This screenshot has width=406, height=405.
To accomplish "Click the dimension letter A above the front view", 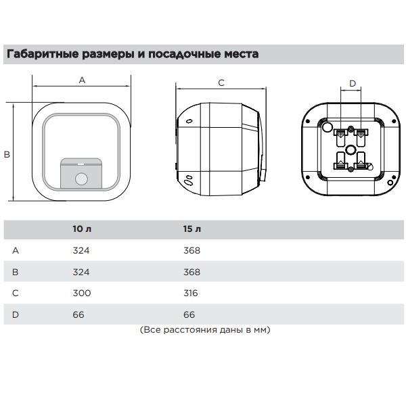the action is pos(82,80).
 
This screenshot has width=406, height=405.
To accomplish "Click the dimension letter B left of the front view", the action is pos(7,155).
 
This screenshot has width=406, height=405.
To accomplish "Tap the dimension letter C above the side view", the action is pos(221,82).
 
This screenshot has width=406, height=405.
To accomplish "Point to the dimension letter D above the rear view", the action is pos(353,83).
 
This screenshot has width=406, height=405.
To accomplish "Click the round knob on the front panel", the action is pos(81,178).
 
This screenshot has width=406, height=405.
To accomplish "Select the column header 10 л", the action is pos(82,229).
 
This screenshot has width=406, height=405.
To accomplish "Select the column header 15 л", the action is pos(192,229).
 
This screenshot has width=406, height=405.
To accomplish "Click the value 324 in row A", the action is pos(81,250).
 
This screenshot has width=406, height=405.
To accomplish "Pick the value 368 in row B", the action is pos(192,272).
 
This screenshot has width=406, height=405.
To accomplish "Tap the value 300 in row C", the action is pos(82,293).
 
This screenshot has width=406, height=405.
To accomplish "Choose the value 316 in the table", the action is pos(191,293).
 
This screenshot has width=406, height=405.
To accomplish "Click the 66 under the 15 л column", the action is pos(189,314).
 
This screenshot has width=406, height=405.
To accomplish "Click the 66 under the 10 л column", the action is pos(78,314).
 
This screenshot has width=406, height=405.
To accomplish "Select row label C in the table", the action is pos(16,293).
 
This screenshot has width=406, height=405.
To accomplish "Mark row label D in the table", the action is pos(16,314).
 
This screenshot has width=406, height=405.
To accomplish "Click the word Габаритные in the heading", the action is pos(43,54).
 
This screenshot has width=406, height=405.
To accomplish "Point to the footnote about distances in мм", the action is pos(205,330).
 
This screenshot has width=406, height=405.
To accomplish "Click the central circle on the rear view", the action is pos(351,150).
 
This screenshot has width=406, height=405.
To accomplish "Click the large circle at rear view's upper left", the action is pos(327,127).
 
